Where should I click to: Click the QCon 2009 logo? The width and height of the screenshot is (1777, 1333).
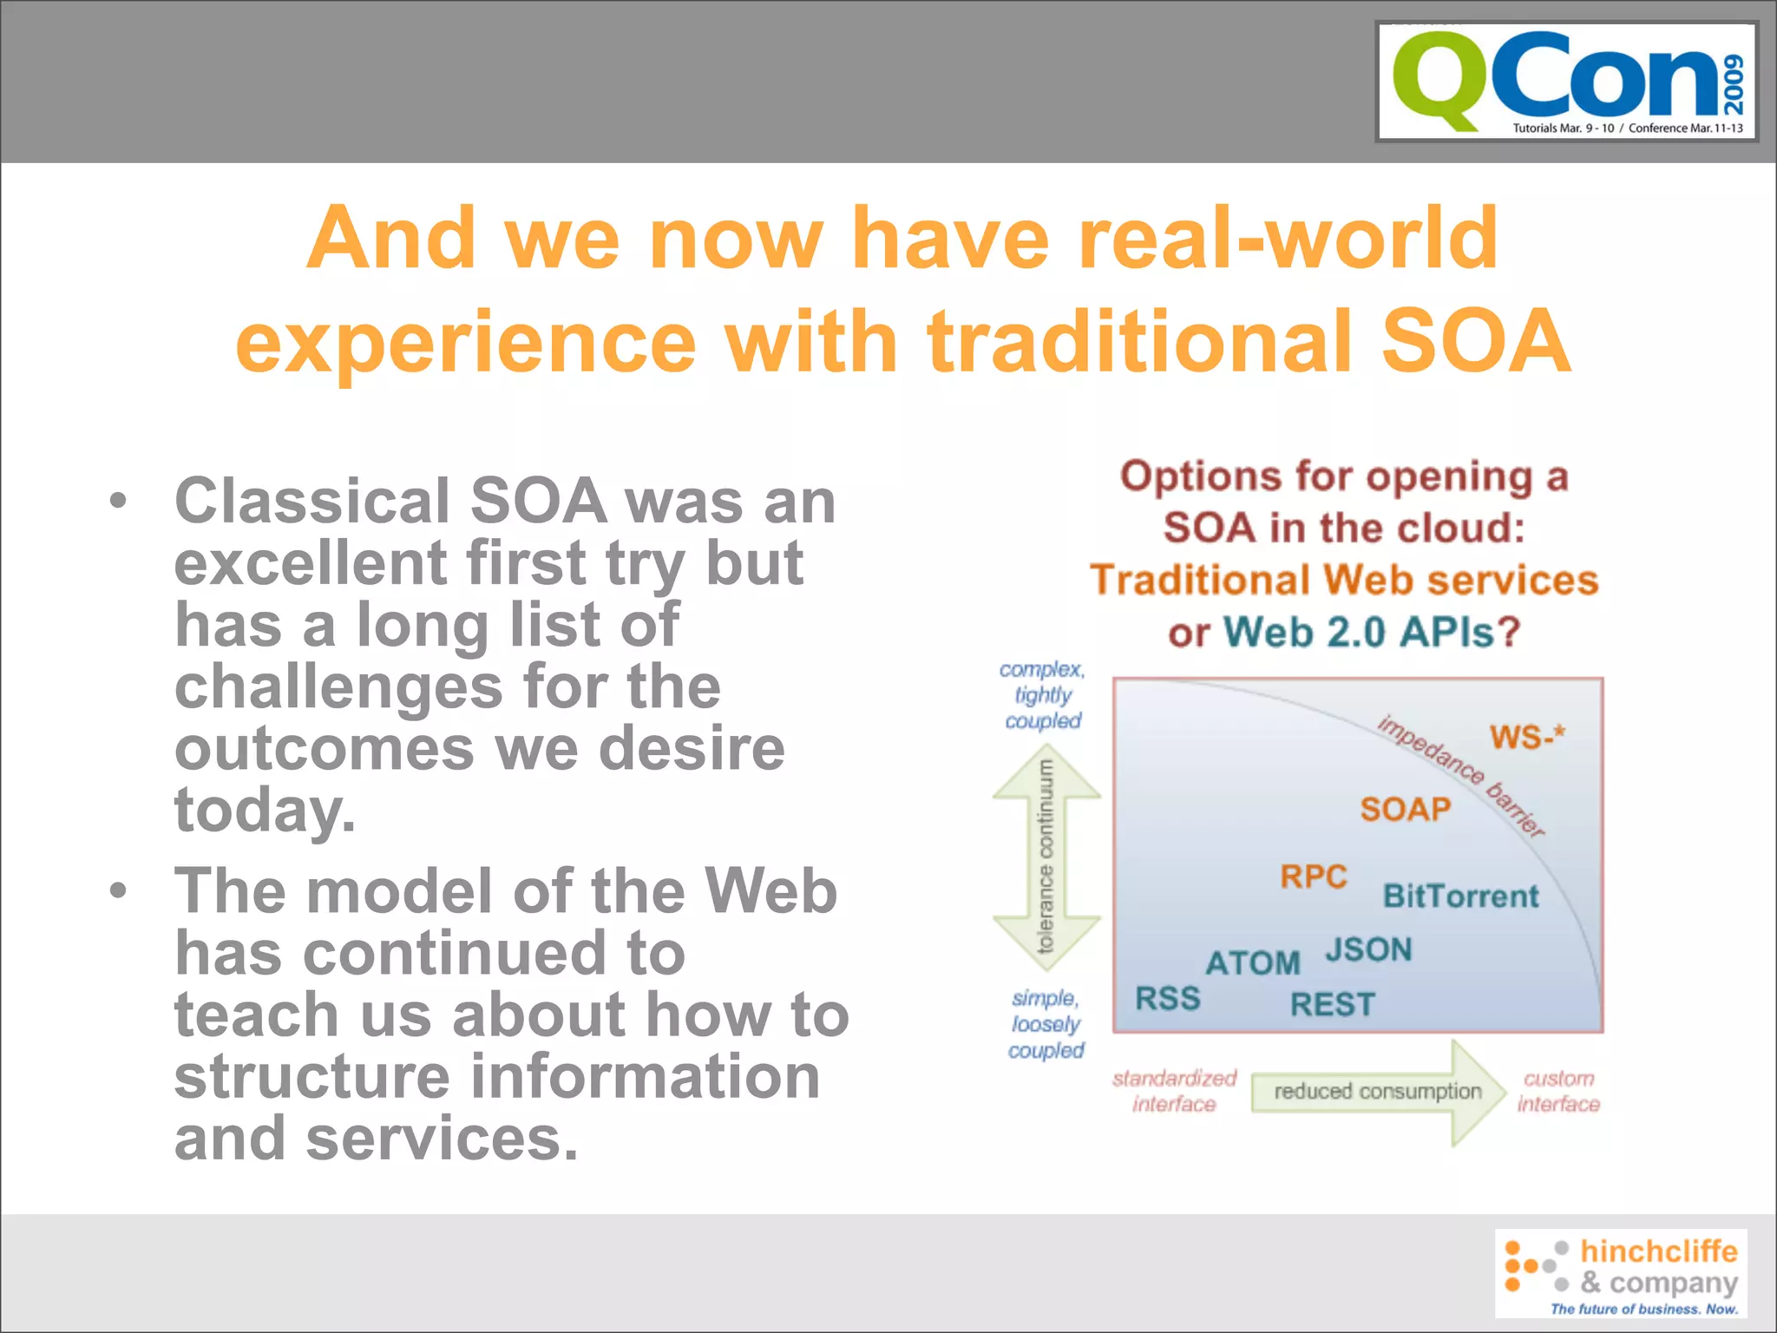tap(1567, 82)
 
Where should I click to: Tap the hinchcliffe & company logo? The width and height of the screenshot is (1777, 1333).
tap(1621, 1273)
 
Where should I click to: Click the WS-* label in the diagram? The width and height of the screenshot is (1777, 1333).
tap(1527, 737)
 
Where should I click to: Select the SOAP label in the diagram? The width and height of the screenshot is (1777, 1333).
tap(1405, 809)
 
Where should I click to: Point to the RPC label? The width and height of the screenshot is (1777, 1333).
tap(1313, 877)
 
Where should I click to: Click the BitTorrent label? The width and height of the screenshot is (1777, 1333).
tap(1460, 896)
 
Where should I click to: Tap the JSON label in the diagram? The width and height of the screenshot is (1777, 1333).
tap(1368, 949)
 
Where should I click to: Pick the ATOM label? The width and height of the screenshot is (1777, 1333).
tap(1252, 962)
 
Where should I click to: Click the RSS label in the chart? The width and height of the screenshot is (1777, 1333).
tap(1168, 998)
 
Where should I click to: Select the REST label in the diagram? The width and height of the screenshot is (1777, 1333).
tap(1332, 1004)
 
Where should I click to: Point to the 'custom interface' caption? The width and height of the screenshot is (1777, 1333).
tap(1558, 1091)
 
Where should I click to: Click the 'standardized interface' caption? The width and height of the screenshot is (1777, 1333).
tap(1174, 1091)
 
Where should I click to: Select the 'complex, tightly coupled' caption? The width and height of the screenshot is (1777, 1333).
tap(1043, 694)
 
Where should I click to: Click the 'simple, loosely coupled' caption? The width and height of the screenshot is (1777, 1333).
tap(1046, 1024)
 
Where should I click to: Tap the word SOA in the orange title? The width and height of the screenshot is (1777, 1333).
tap(1475, 341)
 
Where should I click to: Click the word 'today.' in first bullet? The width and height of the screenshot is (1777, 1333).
tap(265, 809)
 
